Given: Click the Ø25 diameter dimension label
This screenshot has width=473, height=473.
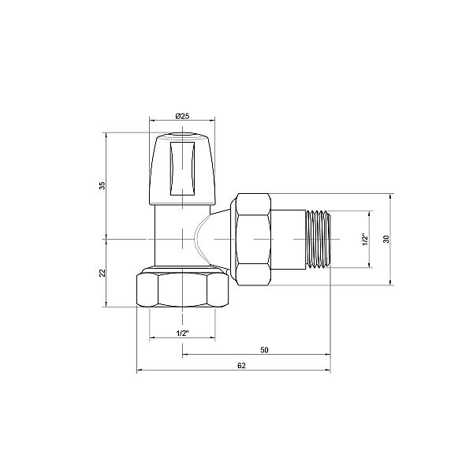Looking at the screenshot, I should click(x=181, y=116).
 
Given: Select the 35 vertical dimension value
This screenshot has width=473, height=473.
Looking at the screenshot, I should click(x=102, y=185).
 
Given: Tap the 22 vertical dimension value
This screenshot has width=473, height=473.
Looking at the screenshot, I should click(x=102, y=272).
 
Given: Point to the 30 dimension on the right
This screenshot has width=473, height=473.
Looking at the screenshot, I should click(x=386, y=239).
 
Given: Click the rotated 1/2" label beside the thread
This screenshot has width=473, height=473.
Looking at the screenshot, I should click(x=363, y=239).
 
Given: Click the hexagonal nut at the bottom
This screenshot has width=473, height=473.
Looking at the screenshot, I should click(x=183, y=290).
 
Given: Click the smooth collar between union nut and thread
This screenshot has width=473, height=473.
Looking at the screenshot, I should click(x=289, y=239).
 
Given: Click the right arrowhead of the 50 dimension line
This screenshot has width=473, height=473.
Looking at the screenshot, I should click(x=326, y=355).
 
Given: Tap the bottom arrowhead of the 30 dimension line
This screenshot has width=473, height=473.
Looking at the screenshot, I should click(x=392, y=281).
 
